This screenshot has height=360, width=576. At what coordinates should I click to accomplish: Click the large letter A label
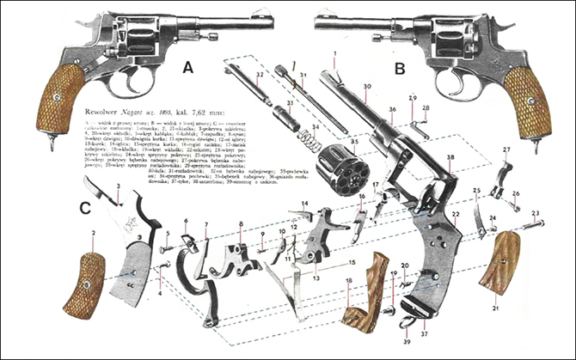click(188, 67)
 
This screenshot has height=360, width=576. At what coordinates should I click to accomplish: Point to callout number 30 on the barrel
click(367, 88)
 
